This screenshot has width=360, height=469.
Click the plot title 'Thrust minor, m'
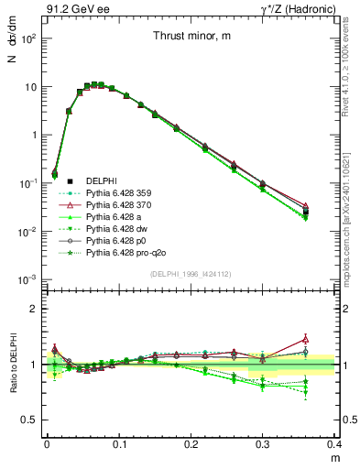pos(191,37)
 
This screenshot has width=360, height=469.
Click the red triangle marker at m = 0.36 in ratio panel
pos(331,339)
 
